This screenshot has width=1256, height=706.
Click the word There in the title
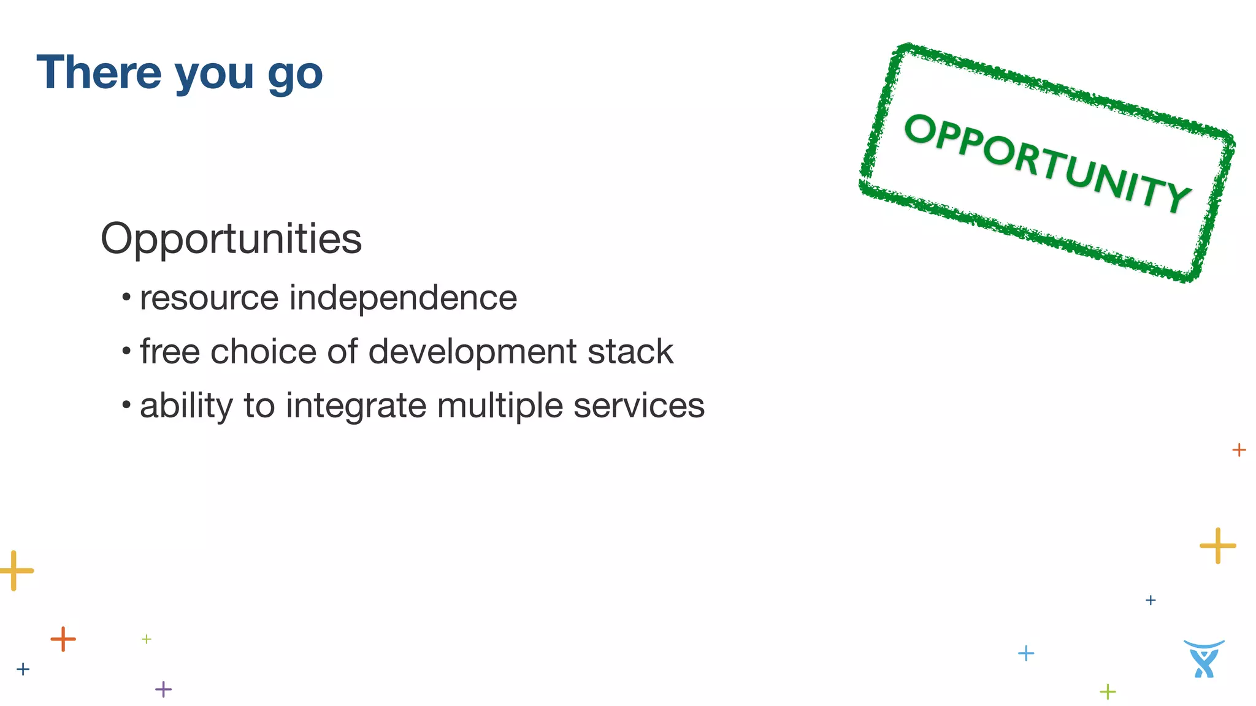click(99, 72)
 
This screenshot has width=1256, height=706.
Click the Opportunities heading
click(231, 238)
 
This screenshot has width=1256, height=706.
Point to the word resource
click(209, 298)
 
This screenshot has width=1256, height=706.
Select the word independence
click(403, 298)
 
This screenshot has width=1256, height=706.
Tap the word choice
click(264, 352)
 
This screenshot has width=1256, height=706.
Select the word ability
click(186, 406)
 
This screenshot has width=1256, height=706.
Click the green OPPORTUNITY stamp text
click(1047, 162)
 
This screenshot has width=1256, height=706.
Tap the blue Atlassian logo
click(1204, 659)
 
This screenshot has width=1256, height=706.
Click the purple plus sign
click(163, 689)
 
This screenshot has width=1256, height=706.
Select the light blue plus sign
click(1026, 653)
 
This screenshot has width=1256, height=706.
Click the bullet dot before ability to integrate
click(126, 405)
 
